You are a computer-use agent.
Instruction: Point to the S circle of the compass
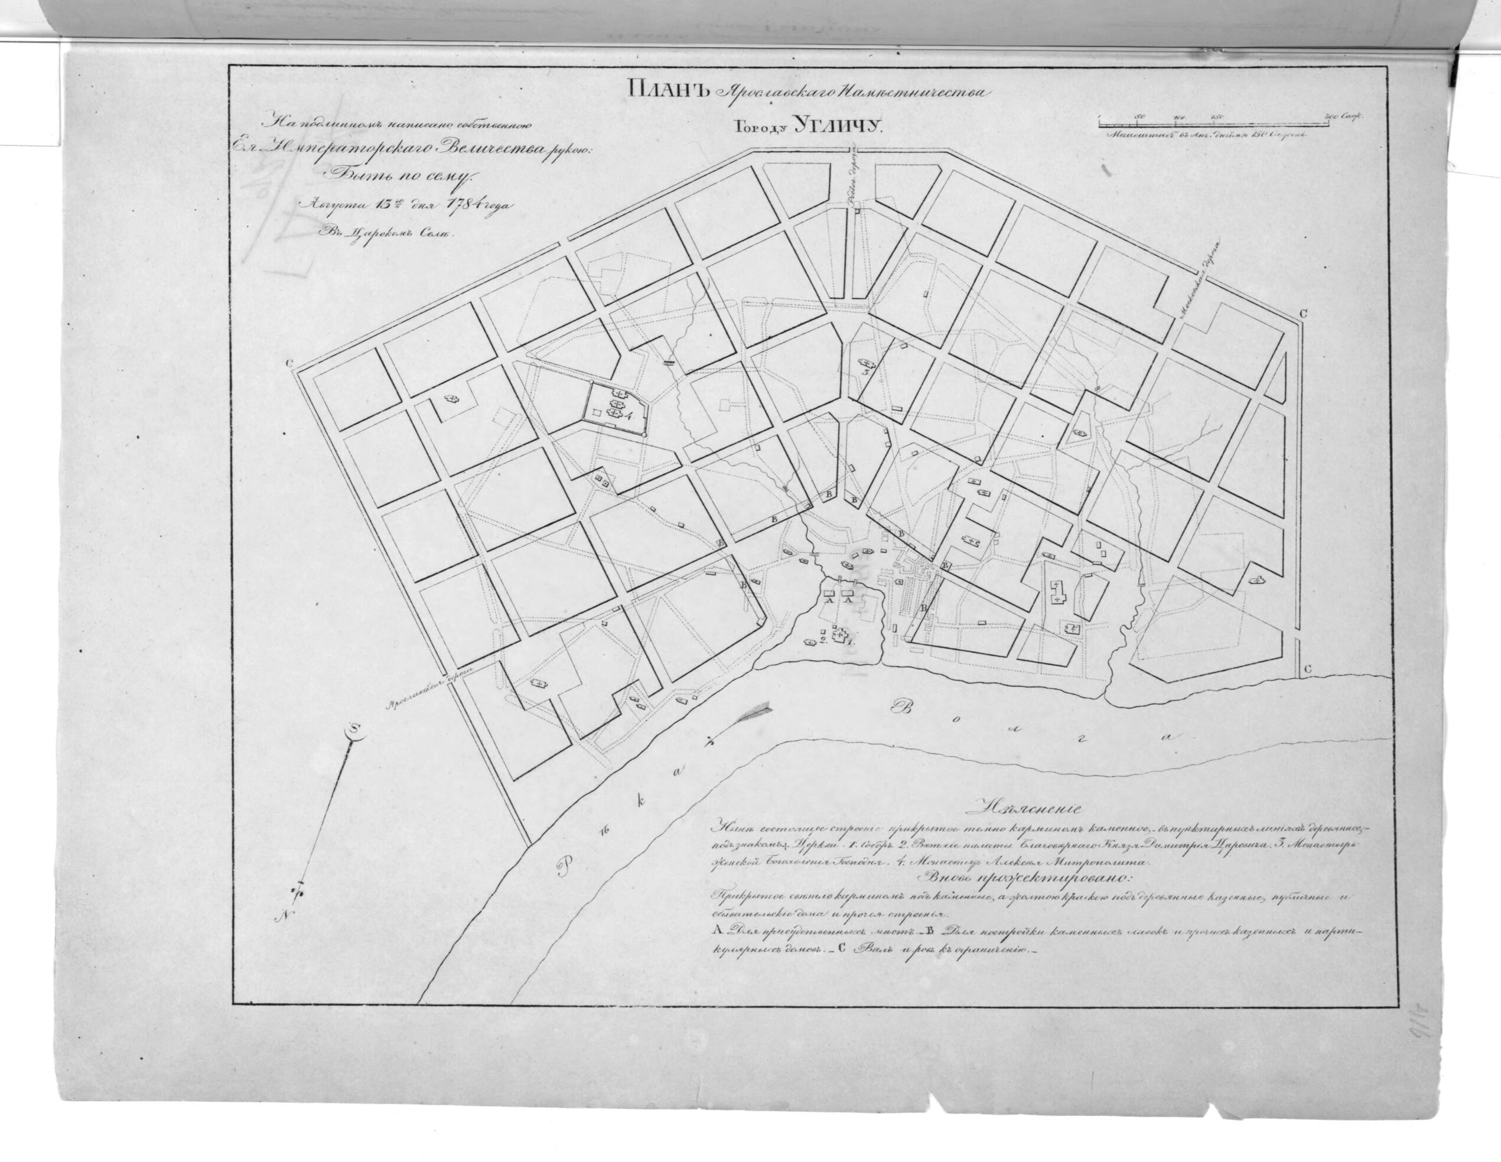tap(354, 731)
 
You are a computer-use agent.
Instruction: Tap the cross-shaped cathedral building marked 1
tap(838, 636)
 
